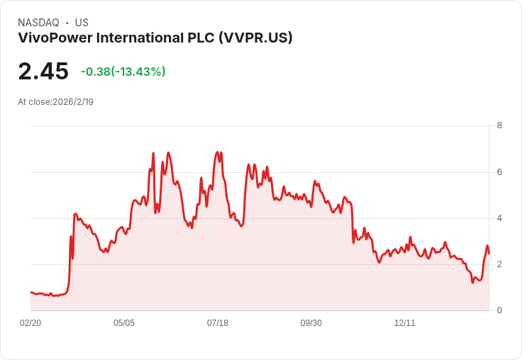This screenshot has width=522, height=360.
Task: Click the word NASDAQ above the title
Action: (x=38, y=23)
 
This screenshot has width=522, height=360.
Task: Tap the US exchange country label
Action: (x=82, y=23)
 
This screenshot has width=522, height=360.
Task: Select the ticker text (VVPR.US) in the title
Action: (x=255, y=38)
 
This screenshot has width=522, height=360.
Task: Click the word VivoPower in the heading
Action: (x=55, y=38)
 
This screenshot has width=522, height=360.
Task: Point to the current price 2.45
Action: (x=43, y=71)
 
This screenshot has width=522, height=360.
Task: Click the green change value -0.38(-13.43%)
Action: (x=123, y=72)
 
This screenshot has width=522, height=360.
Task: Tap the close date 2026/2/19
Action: (x=73, y=102)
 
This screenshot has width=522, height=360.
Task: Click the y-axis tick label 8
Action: (x=499, y=125)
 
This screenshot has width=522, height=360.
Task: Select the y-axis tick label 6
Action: (x=499, y=172)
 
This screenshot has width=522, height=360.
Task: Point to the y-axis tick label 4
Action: (x=499, y=218)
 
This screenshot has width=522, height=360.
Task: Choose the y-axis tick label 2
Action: (x=499, y=264)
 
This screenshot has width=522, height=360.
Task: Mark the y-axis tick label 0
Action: (x=499, y=310)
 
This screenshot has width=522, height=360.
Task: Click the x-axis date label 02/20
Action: (x=30, y=322)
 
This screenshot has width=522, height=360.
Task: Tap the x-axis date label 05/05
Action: (x=124, y=322)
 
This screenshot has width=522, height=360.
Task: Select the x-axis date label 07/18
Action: (x=218, y=322)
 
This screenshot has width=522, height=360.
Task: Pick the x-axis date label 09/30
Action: (x=311, y=322)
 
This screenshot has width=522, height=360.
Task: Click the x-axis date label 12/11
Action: (x=405, y=322)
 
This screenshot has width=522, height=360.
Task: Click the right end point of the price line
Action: (x=489, y=254)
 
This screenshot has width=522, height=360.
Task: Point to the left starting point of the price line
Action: (x=31, y=293)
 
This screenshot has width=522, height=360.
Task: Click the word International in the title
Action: (x=140, y=38)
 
